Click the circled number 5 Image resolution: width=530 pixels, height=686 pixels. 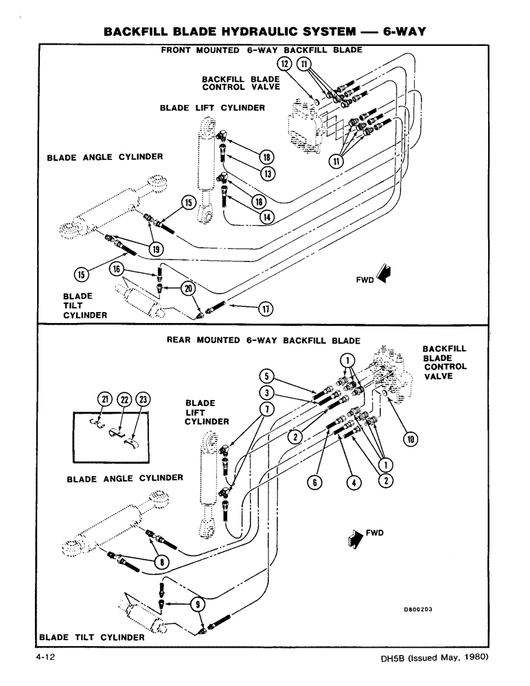tap(266, 375)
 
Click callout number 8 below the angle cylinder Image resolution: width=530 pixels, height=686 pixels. tap(161, 562)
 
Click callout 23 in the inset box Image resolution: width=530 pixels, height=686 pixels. tap(142, 399)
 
